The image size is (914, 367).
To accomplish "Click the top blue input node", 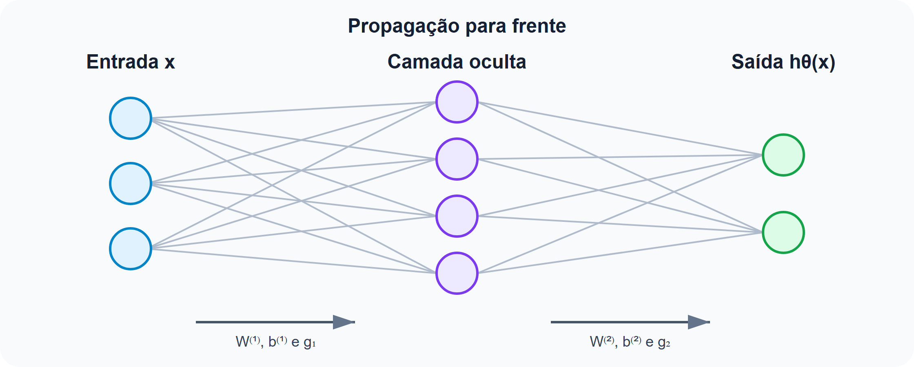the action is click(x=131, y=118).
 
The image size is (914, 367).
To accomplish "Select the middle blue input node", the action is click(x=131, y=183).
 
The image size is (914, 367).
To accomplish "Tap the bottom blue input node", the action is click(x=131, y=249).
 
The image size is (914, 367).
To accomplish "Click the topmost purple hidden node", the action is click(x=457, y=102).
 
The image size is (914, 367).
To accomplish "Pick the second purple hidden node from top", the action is click(x=457, y=159).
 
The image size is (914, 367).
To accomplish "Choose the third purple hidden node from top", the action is click(x=457, y=216).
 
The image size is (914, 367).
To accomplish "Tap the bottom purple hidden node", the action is click(x=457, y=273).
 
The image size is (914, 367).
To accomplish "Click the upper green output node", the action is click(x=783, y=155).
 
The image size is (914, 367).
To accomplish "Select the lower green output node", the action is click(x=783, y=232).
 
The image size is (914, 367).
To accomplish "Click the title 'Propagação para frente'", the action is click(x=457, y=27).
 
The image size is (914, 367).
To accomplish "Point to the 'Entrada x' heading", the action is click(x=131, y=62).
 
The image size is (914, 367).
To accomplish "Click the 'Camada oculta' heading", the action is click(x=457, y=62).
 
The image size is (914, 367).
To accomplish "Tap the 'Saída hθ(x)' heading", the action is click(x=783, y=62).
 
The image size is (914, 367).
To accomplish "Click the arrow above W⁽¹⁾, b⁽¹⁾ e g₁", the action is click(x=275, y=322).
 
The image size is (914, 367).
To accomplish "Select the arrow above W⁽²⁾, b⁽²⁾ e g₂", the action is click(x=630, y=322).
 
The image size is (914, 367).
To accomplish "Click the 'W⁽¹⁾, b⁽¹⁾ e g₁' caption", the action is click(x=276, y=342).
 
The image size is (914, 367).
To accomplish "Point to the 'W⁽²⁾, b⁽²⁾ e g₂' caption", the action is click(x=630, y=342).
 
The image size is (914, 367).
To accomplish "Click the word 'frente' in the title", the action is click(x=539, y=26).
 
